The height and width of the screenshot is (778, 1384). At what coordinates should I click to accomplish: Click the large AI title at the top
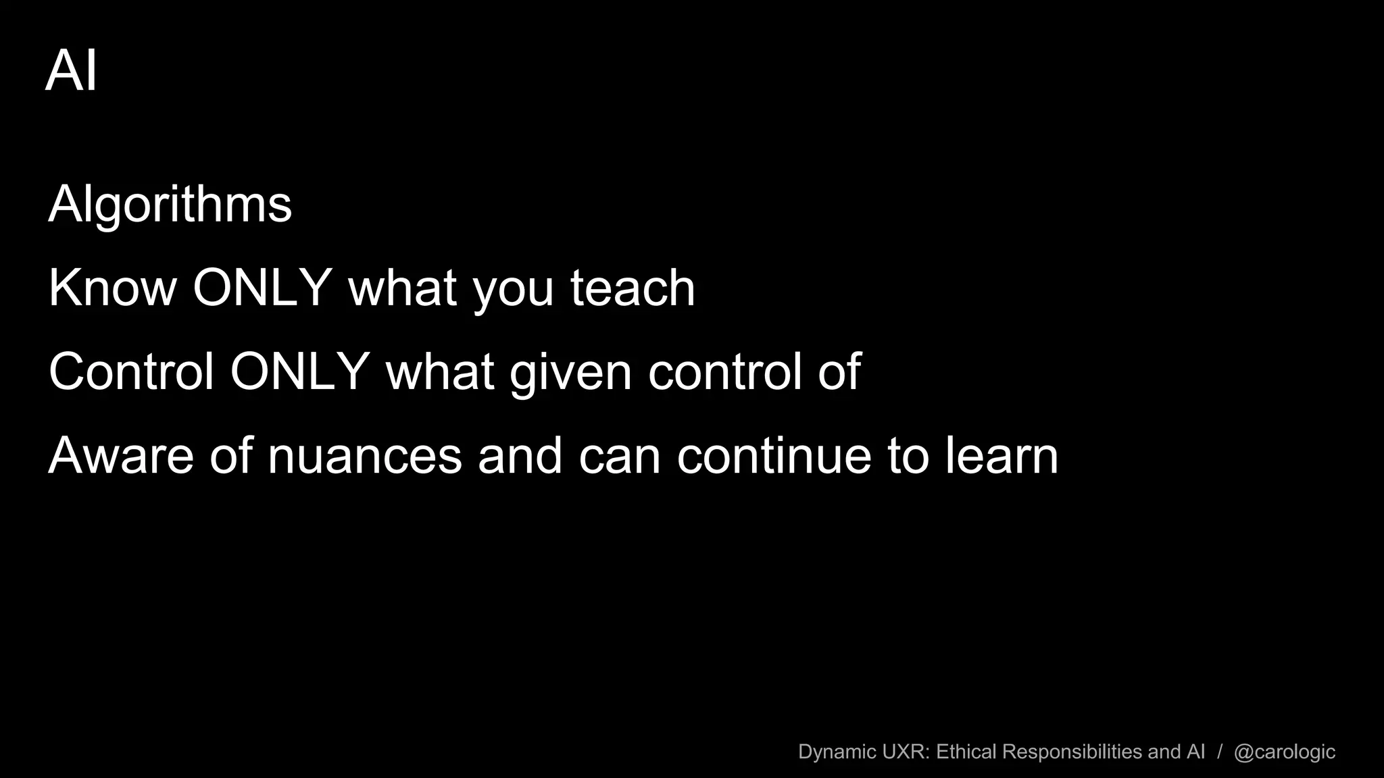[x=72, y=70]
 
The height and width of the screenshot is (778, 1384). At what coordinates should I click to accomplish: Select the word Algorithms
[x=170, y=204]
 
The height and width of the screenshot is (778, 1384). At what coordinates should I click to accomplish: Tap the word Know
[x=112, y=288]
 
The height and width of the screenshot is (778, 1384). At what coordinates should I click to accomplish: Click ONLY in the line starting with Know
[x=262, y=288]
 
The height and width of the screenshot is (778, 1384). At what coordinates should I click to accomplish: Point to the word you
[x=513, y=290]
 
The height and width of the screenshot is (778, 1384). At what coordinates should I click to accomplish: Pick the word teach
[x=633, y=288]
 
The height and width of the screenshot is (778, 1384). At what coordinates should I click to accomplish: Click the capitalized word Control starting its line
[x=131, y=371]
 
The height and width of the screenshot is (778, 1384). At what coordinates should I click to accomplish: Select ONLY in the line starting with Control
[x=299, y=371]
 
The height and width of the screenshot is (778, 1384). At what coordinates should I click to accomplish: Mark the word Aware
[x=121, y=456]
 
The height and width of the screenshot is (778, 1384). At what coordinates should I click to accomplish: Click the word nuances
[x=365, y=457]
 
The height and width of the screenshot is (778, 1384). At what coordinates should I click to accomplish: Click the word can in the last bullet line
[x=620, y=457]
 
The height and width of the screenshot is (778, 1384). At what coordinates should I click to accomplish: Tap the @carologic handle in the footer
[x=1284, y=752]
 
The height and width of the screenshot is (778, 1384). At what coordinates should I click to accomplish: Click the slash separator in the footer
[x=1220, y=752]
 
